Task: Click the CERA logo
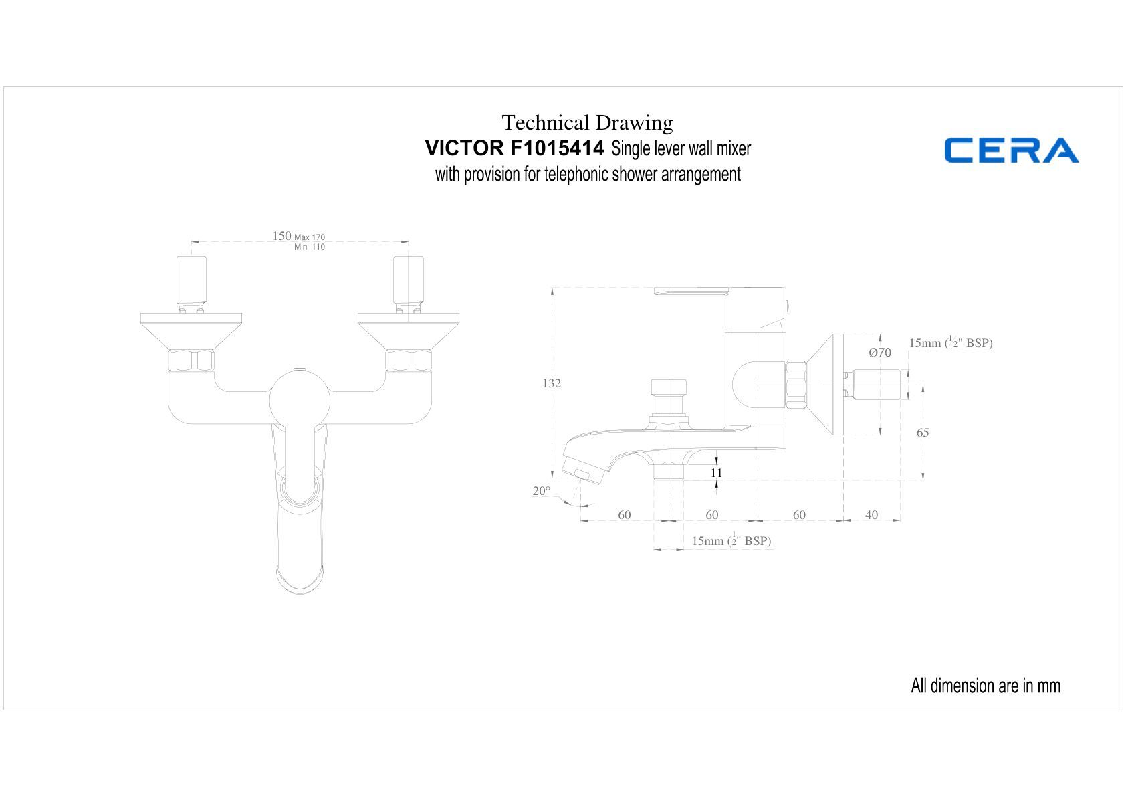click(x=1011, y=150)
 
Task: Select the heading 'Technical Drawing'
click(x=587, y=122)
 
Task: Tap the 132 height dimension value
click(x=552, y=383)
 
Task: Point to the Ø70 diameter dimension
click(x=880, y=353)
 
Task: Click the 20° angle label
click(x=542, y=491)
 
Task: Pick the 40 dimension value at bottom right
click(x=871, y=515)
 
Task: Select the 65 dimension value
click(x=923, y=433)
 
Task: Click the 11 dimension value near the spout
click(x=717, y=473)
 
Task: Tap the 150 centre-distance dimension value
click(x=281, y=236)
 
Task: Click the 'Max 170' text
click(x=310, y=237)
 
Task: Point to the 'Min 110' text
click(x=310, y=247)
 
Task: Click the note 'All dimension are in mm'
click(x=986, y=686)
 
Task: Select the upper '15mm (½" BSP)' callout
click(x=951, y=342)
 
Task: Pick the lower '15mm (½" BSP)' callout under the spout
click(x=731, y=540)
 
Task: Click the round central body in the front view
click(x=300, y=401)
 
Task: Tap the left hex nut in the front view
click(x=191, y=361)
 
